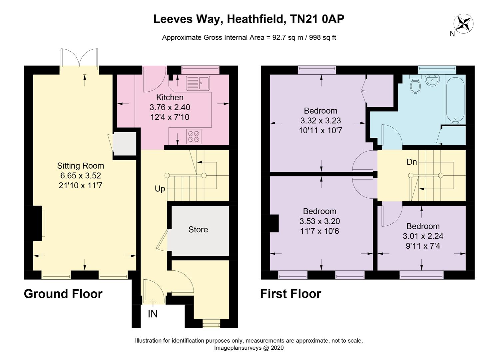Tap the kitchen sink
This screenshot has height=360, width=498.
(198, 83)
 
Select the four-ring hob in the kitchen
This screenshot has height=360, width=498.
(194, 136)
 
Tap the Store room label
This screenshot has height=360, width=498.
(198, 229)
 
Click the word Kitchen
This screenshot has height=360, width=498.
(170, 97)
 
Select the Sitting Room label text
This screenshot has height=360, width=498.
(81, 166)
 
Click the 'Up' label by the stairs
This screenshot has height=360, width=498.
(160, 189)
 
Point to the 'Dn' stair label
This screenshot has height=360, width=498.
(411, 162)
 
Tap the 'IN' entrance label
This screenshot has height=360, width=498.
(153, 314)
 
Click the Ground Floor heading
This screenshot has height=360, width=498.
(63, 294)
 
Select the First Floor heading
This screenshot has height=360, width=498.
(290, 294)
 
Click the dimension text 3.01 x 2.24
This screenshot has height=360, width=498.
(423, 236)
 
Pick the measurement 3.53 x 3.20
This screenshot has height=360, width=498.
(320, 221)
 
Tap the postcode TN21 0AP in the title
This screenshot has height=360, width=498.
(317, 19)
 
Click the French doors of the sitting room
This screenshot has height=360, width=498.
(79, 58)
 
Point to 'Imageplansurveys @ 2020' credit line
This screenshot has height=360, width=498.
(249, 348)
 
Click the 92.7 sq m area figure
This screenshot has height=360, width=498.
(288, 37)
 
